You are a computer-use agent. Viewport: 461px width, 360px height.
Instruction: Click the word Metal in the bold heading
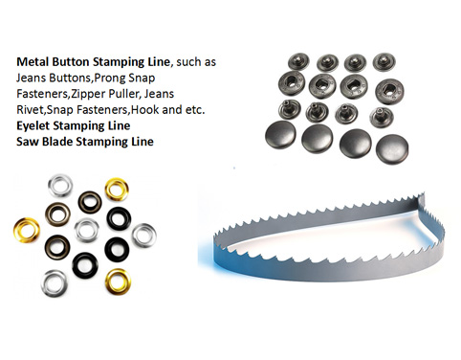pyautogui.click(x=33, y=61)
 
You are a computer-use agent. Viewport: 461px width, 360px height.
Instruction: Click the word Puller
pyautogui.click(x=150, y=95)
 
